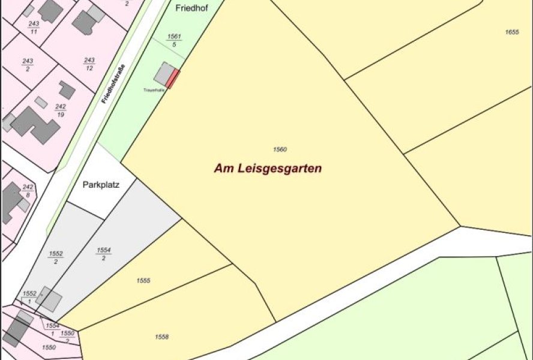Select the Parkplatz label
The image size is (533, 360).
tap(101, 185)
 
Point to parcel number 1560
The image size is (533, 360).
tap(280, 149)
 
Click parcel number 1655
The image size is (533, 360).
tap(511, 32)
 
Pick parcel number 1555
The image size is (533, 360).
tap(143, 281)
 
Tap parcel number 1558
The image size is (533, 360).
tap(161, 337)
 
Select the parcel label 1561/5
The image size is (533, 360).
tap(174, 41)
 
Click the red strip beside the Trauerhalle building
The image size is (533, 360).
tap(173, 79)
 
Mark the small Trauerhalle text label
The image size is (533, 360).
tap(154, 91)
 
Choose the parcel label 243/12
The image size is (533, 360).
tap(89, 64)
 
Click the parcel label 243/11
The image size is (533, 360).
tap(34, 27)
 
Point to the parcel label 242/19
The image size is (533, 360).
tap(61, 110)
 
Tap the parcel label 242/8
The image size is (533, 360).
tap(28, 191)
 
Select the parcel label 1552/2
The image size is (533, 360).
tap(56, 257)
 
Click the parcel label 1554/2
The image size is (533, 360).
tap(103, 254)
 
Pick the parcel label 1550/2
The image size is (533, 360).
tap(67, 336)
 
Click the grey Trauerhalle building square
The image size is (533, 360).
tap(162, 74)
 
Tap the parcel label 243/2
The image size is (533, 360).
tap(28, 64)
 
